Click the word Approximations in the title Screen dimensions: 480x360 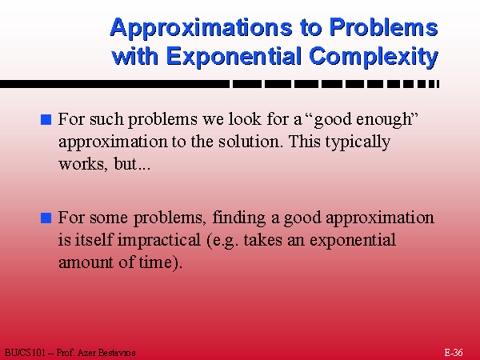click(x=202, y=28)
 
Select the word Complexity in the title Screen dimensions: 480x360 click(x=374, y=57)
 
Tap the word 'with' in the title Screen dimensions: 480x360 click(x=135, y=56)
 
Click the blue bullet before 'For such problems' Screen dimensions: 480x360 click(x=46, y=119)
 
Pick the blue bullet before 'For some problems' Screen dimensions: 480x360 click(x=46, y=218)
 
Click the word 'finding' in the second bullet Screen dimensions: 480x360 click(x=238, y=218)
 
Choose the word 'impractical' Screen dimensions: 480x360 click(x=159, y=241)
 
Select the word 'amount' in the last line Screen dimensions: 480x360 click(x=86, y=262)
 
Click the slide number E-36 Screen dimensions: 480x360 click(x=454, y=353)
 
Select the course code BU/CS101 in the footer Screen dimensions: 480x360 click(x=25, y=353)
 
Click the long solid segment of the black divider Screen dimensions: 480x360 click(x=114, y=84)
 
